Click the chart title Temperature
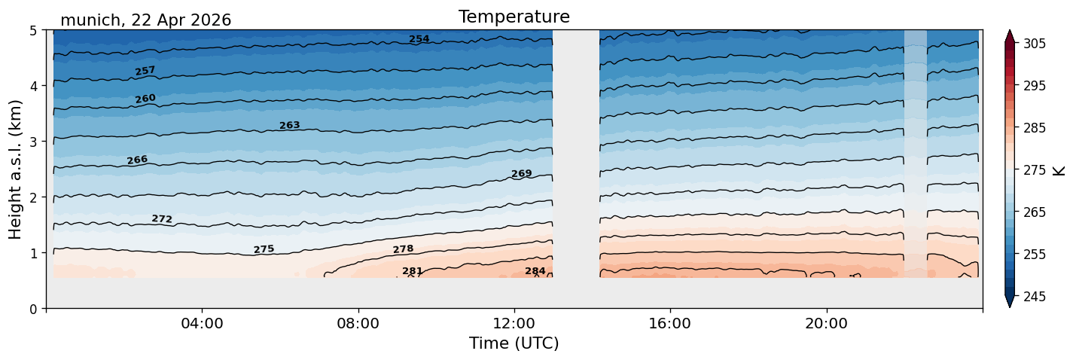514,17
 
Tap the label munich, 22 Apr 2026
145,20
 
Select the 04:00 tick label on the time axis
202,323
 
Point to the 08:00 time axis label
358,323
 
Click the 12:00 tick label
514,323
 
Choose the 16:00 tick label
670,323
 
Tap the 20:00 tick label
826,323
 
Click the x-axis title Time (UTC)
514,343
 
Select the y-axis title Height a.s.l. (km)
15,169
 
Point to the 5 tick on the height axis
34,31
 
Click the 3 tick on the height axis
34,142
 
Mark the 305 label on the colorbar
1034,44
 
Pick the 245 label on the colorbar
1034,297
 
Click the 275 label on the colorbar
1034,170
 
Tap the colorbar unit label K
1059,171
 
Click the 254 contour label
419,39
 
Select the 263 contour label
290,126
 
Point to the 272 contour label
162,218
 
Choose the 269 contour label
521,173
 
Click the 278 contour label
403,249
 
